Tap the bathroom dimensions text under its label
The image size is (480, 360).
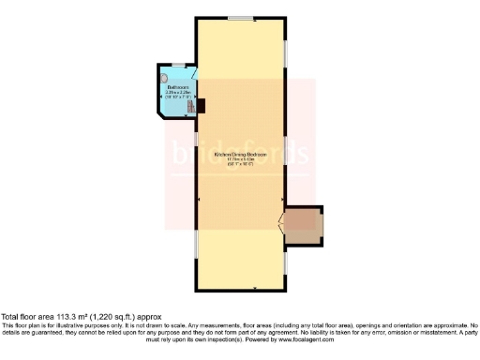click(x=178, y=96)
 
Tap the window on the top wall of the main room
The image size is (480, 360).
click(x=244, y=18)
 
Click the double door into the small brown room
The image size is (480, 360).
click(x=284, y=225)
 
